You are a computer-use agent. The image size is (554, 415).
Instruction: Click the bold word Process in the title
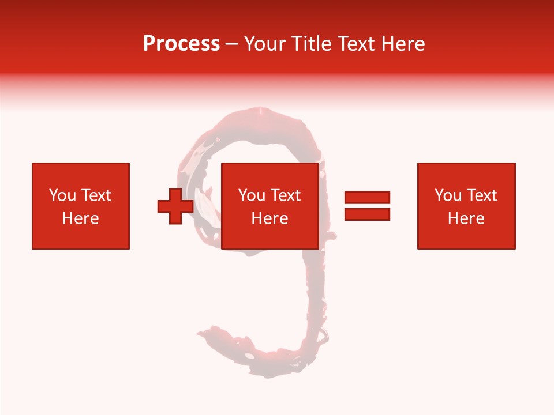pos(181,44)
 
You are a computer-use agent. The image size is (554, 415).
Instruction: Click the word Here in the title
pos(405,44)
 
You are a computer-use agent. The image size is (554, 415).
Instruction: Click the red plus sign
pos(175,206)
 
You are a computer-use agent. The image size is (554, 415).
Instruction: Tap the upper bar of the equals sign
pos(367,198)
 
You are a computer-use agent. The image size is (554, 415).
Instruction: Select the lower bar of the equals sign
pos(367,214)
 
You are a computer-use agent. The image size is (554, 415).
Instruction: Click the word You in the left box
pos(62,195)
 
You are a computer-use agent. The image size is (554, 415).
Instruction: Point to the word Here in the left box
pos(80,218)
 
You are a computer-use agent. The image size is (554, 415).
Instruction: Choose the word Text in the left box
pos(96,195)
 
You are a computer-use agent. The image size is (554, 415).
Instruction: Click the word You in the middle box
pos(252,195)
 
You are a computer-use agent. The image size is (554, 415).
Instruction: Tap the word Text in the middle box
pos(285,195)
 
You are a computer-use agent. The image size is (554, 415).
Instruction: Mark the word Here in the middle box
pos(269,218)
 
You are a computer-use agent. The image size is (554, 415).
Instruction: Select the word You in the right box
pos(448,195)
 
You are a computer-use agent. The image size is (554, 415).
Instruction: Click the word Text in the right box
pos(481,195)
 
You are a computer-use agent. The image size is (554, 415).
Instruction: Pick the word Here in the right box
pos(466,218)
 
